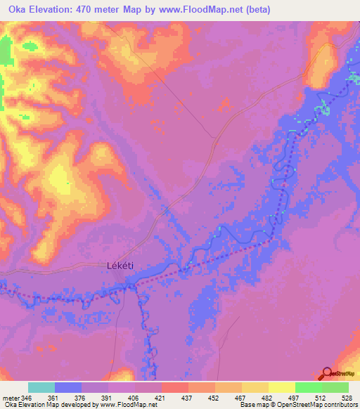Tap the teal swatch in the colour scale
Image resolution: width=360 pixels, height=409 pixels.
[x=41, y=387]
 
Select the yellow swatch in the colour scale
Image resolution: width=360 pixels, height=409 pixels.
[x=282, y=387]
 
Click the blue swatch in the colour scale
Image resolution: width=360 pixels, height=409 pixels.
[x=68, y=387]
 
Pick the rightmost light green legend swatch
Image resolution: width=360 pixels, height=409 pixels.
[x=335, y=387]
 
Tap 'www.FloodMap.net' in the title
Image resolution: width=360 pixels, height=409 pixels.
[x=205, y=10]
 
